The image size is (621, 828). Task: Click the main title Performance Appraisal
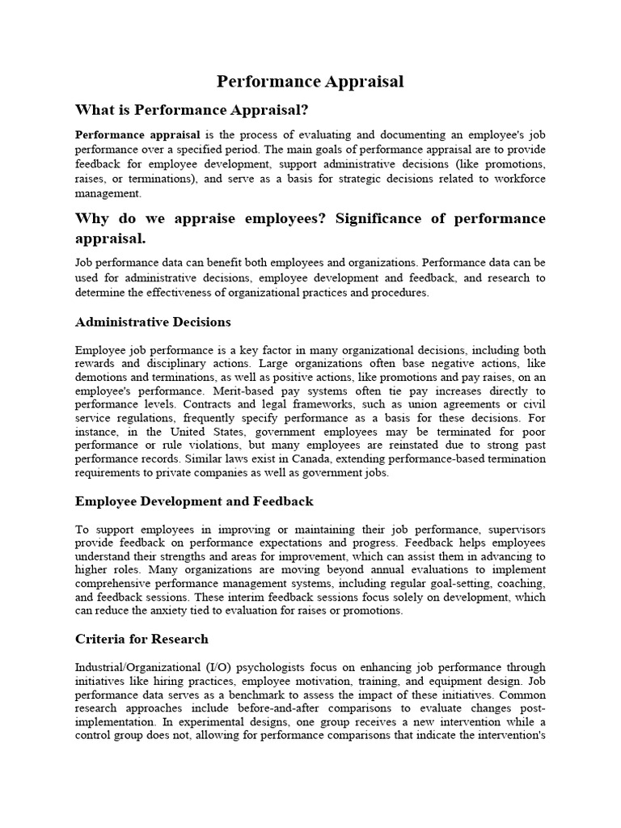310,82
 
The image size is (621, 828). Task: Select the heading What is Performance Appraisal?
192,109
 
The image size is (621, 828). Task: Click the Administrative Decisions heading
153,322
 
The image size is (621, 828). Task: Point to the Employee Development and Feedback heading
194,501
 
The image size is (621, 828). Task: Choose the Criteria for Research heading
142,639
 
